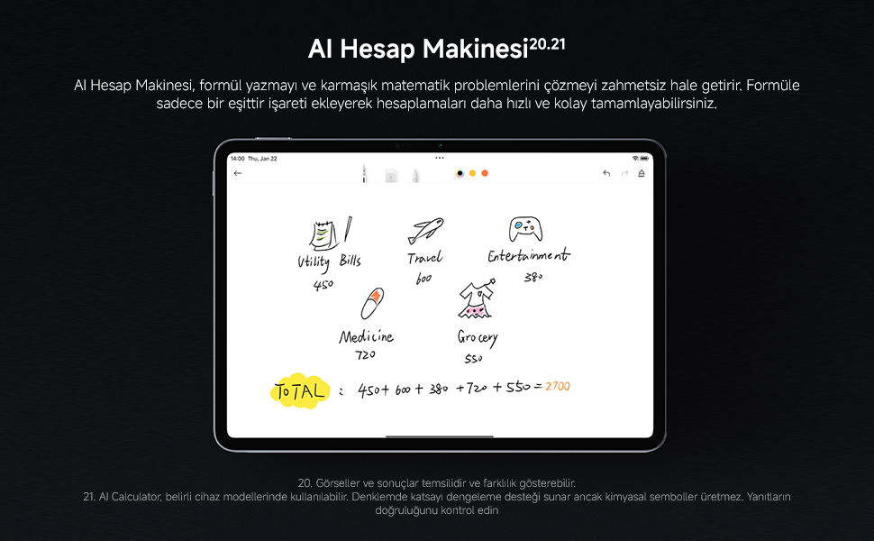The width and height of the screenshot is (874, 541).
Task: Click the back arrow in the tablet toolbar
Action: tap(238, 173)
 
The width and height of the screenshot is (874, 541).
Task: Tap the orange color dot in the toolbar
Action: tap(485, 173)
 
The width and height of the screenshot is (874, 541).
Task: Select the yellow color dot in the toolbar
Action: tap(472, 173)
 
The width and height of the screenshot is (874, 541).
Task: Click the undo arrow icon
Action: tap(606, 173)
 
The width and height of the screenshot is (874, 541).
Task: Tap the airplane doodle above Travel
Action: tap(426, 231)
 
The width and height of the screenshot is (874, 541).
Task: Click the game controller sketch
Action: tap(525, 229)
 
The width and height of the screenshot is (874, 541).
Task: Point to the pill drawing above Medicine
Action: tap(372, 303)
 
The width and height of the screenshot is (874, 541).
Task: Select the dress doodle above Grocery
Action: tap(477, 299)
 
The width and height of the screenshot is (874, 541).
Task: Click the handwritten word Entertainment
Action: tap(529, 255)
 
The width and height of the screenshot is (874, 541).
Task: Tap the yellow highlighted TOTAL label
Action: tap(300, 391)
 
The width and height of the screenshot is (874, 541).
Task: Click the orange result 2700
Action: tap(558, 387)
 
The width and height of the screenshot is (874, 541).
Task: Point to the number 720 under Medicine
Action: tap(366, 354)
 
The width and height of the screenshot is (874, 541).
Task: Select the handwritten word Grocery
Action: tap(478, 338)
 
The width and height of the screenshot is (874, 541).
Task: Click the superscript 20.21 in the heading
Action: tap(547, 44)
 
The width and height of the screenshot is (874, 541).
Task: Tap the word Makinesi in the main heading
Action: tap(476, 49)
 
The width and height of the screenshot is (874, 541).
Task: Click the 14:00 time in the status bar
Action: tap(238, 159)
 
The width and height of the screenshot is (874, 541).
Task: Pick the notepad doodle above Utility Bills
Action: tap(323, 235)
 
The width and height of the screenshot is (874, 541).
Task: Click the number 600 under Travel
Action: tap(423, 279)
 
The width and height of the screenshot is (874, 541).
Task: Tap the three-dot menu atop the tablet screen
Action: tap(440, 159)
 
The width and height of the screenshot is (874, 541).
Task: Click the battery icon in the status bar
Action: tap(644, 159)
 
